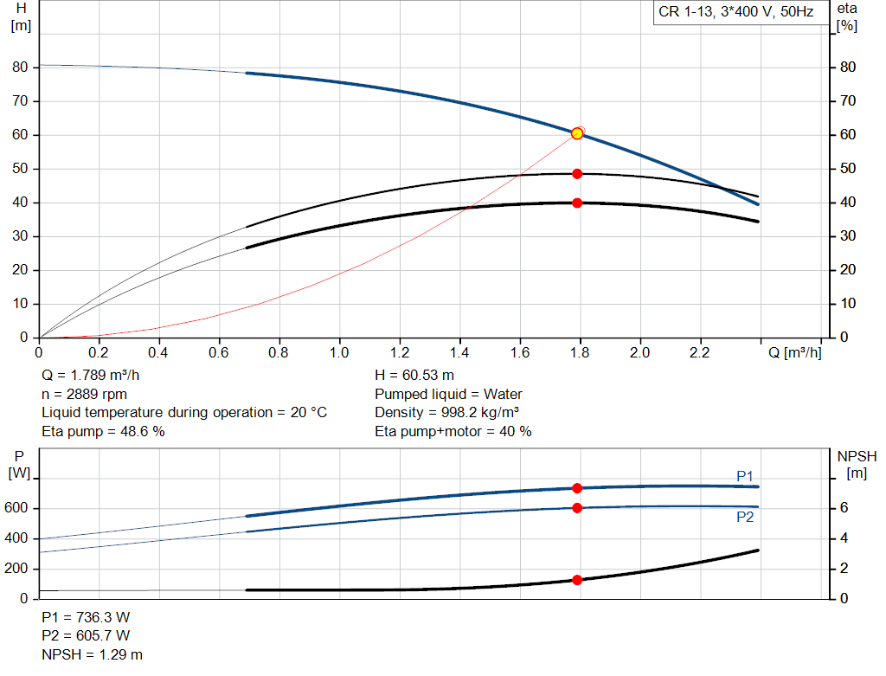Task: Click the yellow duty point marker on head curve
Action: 577,133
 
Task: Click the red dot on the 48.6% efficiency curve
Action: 577,174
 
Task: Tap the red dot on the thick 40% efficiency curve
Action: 577,203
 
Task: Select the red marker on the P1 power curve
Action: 577,488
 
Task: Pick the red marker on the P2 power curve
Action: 577,507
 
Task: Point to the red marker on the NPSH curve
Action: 577,580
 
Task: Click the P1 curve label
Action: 745,476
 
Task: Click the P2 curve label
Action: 745,517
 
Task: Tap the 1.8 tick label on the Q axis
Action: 580,353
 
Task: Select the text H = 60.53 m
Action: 414,376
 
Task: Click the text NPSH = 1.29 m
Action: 93,654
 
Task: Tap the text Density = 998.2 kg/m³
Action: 447,413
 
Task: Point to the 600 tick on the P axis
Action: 17,508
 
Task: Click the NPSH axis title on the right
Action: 857,463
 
